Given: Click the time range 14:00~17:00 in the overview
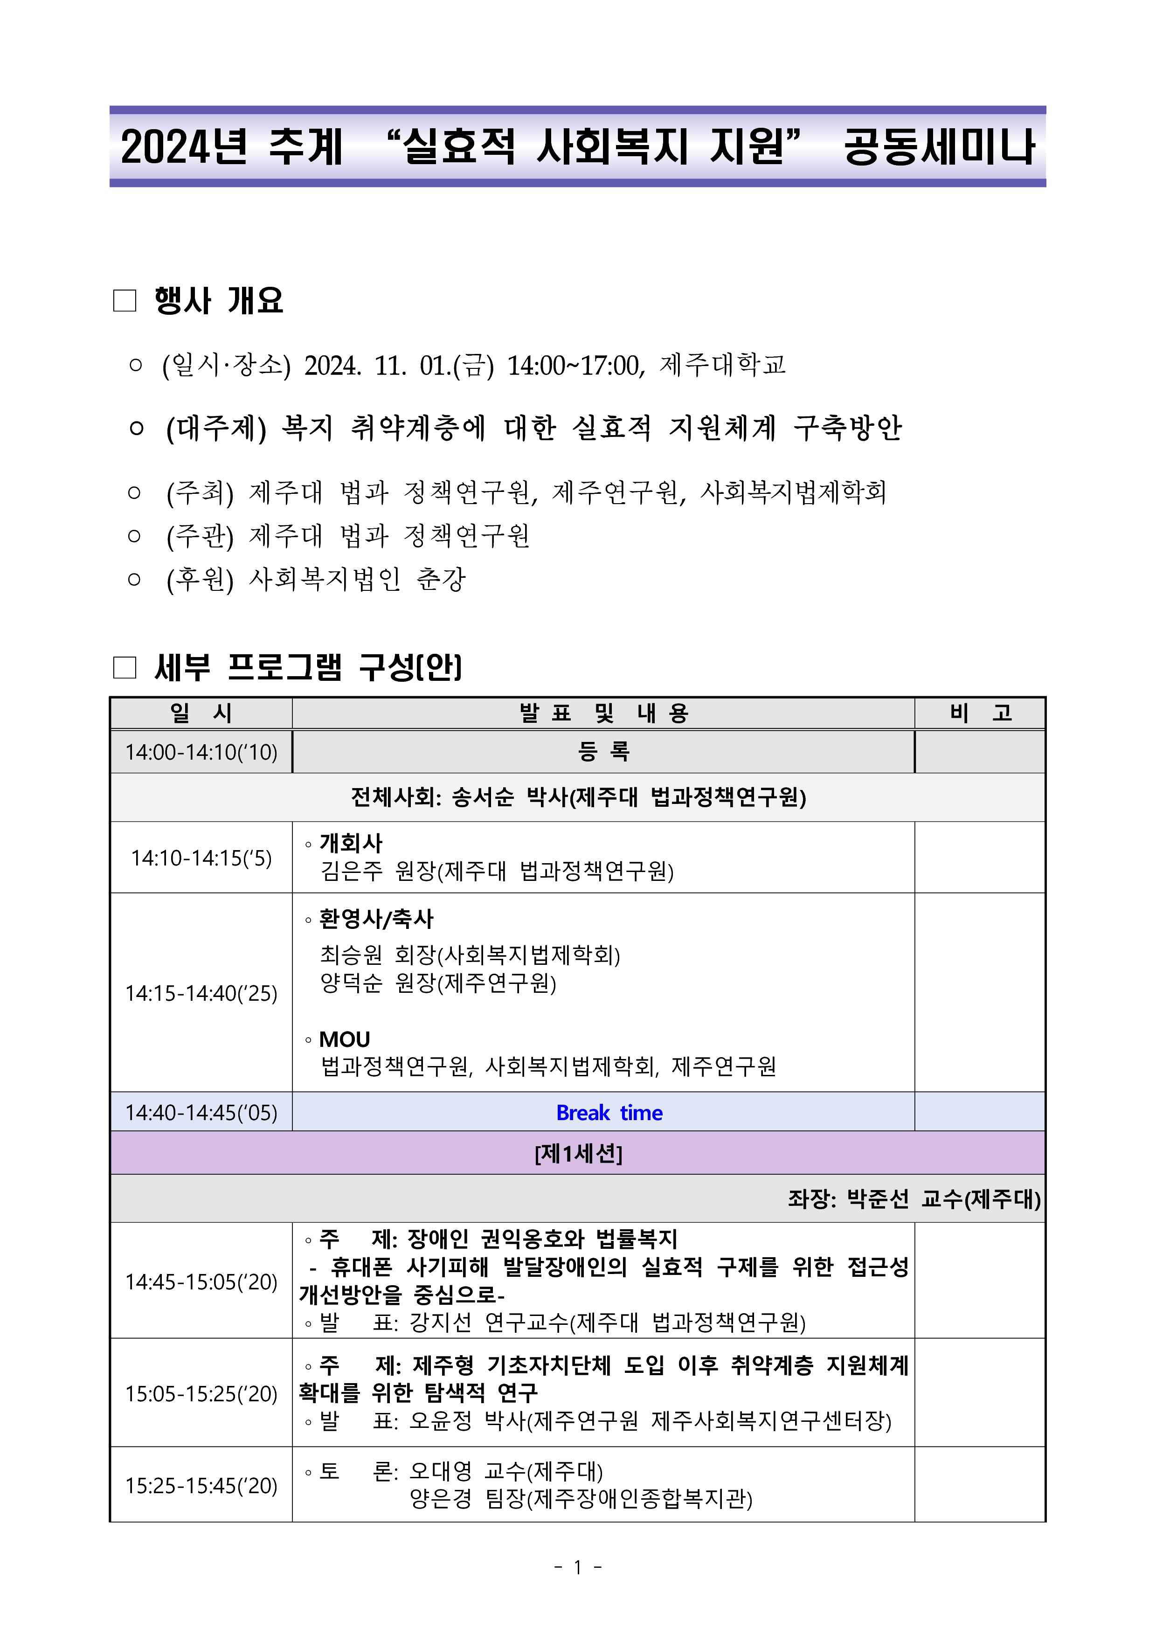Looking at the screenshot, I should (x=575, y=366).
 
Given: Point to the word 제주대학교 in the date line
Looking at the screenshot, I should (x=722, y=365).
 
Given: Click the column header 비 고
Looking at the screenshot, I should (x=980, y=713).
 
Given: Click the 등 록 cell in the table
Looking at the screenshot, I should (x=603, y=752).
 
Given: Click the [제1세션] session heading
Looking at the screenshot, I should (x=578, y=1153).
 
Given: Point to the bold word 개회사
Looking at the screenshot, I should (x=351, y=843).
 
